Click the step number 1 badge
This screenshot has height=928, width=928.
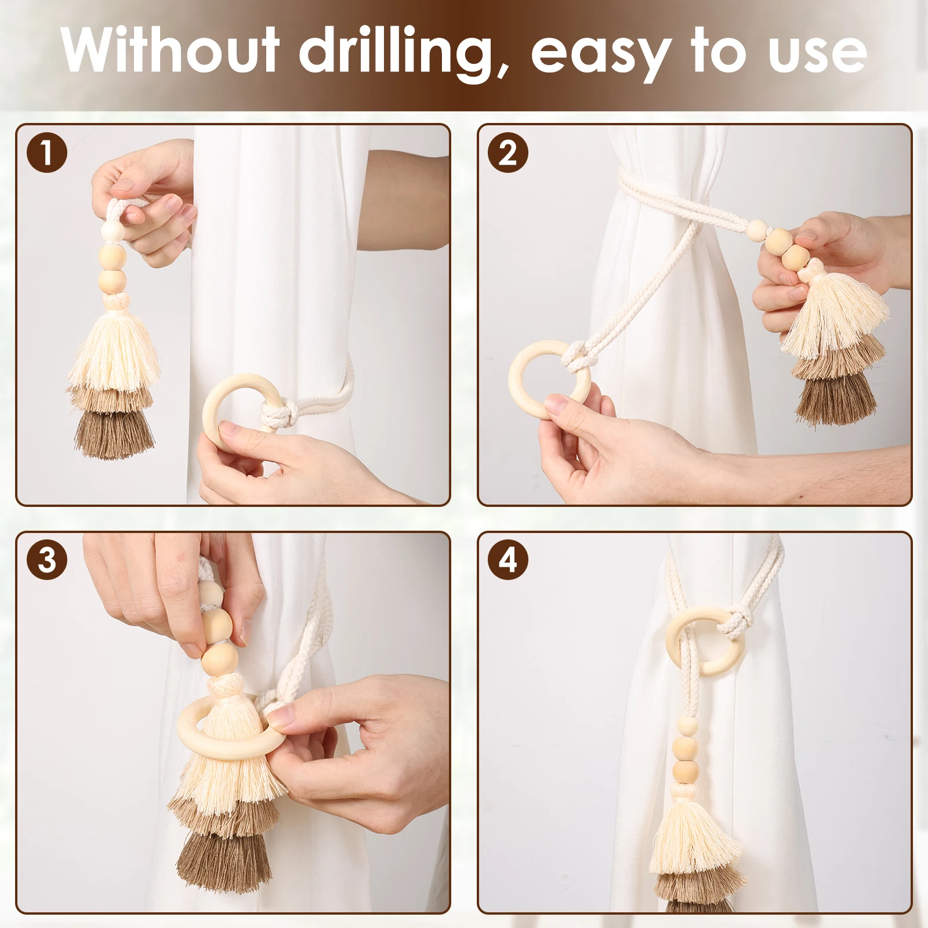pos(47,154)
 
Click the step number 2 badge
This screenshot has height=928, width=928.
pos(507,154)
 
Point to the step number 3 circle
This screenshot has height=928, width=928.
pos(47,561)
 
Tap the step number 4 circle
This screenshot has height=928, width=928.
pos(507,561)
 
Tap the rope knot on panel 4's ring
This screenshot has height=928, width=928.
pos(732,626)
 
